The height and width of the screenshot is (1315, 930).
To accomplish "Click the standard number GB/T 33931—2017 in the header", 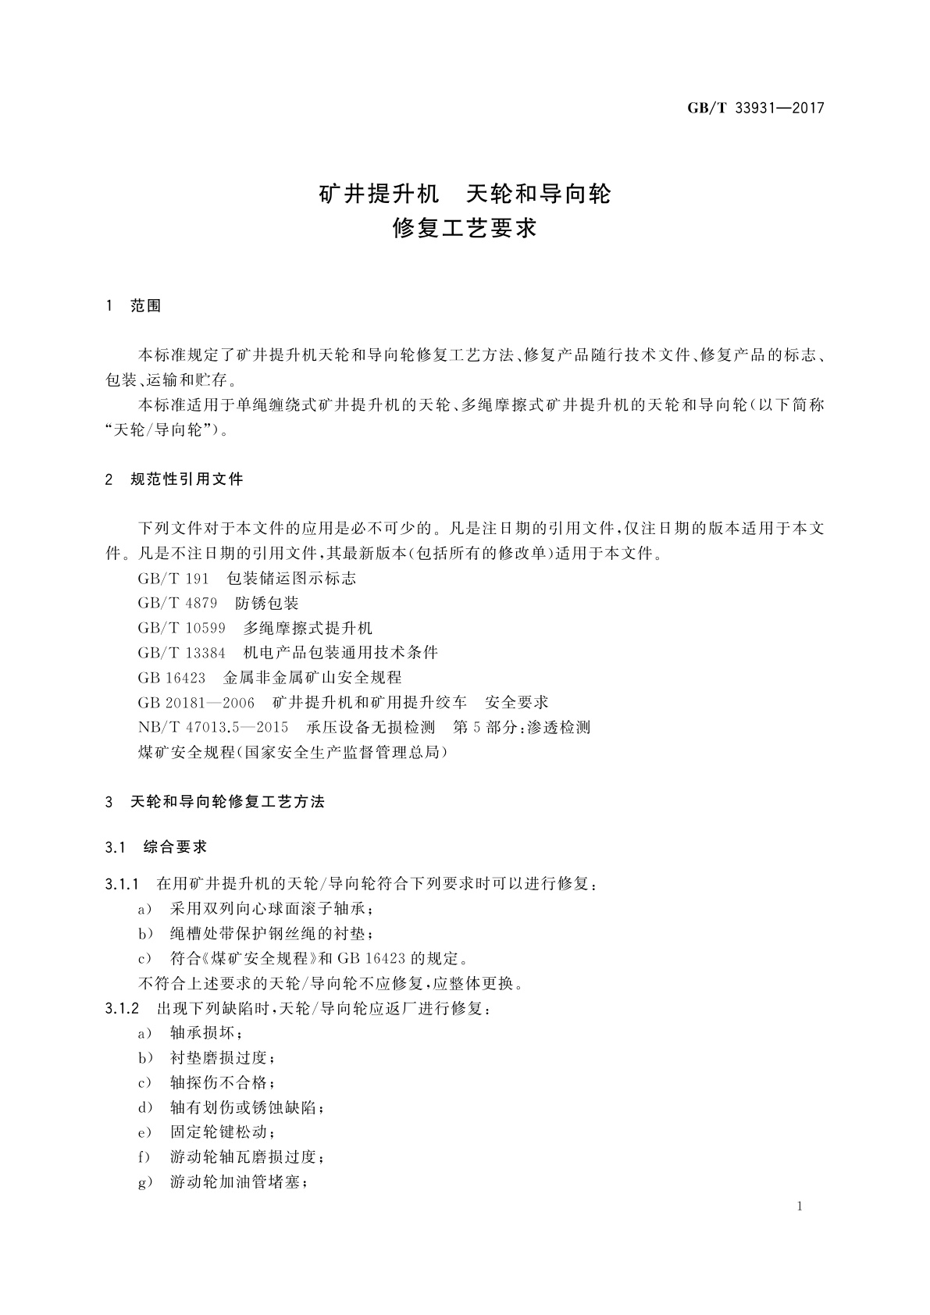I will [x=755, y=109].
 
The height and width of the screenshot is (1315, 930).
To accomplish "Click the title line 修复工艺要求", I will [x=465, y=228].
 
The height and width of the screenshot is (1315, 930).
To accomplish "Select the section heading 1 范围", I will [x=133, y=306].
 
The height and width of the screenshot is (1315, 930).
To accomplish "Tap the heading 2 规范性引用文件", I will [x=174, y=479].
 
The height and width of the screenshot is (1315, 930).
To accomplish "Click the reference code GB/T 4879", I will [x=177, y=604].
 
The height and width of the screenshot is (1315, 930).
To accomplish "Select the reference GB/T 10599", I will [x=181, y=629].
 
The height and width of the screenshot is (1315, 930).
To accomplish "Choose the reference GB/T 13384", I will [x=181, y=653].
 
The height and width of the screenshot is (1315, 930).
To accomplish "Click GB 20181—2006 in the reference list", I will [x=196, y=703].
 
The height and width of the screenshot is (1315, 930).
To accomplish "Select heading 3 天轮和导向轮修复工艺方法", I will [x=215, y=802].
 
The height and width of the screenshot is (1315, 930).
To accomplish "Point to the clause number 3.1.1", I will [x=121, y=885].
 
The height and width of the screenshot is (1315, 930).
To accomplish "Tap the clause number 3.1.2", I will [x=121, y=1008].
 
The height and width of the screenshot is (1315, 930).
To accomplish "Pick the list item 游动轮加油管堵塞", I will [x=238, y=1182].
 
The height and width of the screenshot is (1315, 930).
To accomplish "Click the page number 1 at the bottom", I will [x=800, y=1206].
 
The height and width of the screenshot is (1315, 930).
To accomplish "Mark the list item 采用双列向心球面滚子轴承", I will [x=271, y=909].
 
